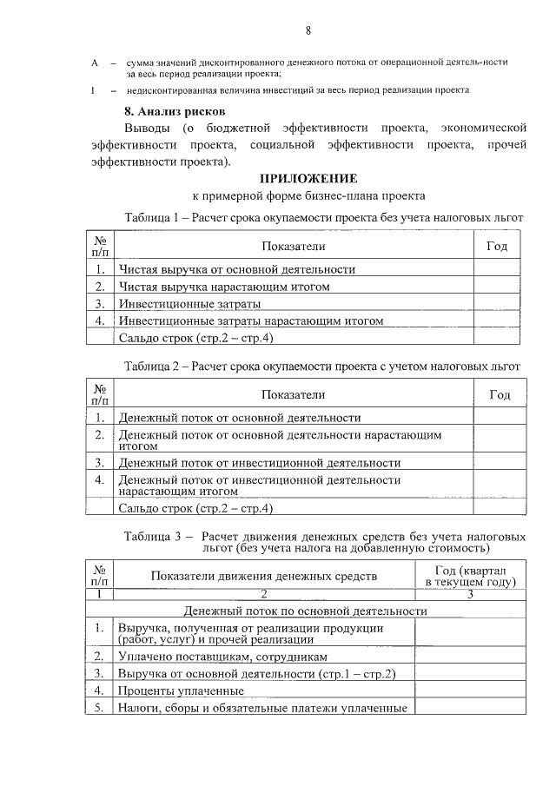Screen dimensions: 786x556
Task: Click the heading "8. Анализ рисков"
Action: pyautogui.click(x=175, y=111)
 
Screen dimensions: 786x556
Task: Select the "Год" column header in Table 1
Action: pyautogui.click(x=497, y=246)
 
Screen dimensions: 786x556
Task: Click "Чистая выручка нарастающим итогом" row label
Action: pyautogui.click(x=224, y=287)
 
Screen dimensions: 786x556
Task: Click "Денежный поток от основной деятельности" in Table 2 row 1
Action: pyautogui.click(x=240, y=418)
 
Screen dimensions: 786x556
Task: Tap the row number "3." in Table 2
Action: pyautogui.click(x=100, y=462)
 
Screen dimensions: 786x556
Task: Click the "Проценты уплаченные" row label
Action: pyautogui.click(x=181, y=690)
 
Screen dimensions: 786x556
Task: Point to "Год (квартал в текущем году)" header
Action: pyautogui.click(x=470, y=576)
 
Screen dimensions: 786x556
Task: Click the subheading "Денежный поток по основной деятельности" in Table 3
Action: pyautogui.click(x=311, y=611)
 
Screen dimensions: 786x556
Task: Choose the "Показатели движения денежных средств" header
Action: pyautogui.click(x=264, y=576)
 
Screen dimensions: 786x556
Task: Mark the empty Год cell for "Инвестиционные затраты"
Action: pyautogui.click(x=497, y=304)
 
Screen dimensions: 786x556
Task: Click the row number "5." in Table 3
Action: pyautogui.click(x=100, y=708)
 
